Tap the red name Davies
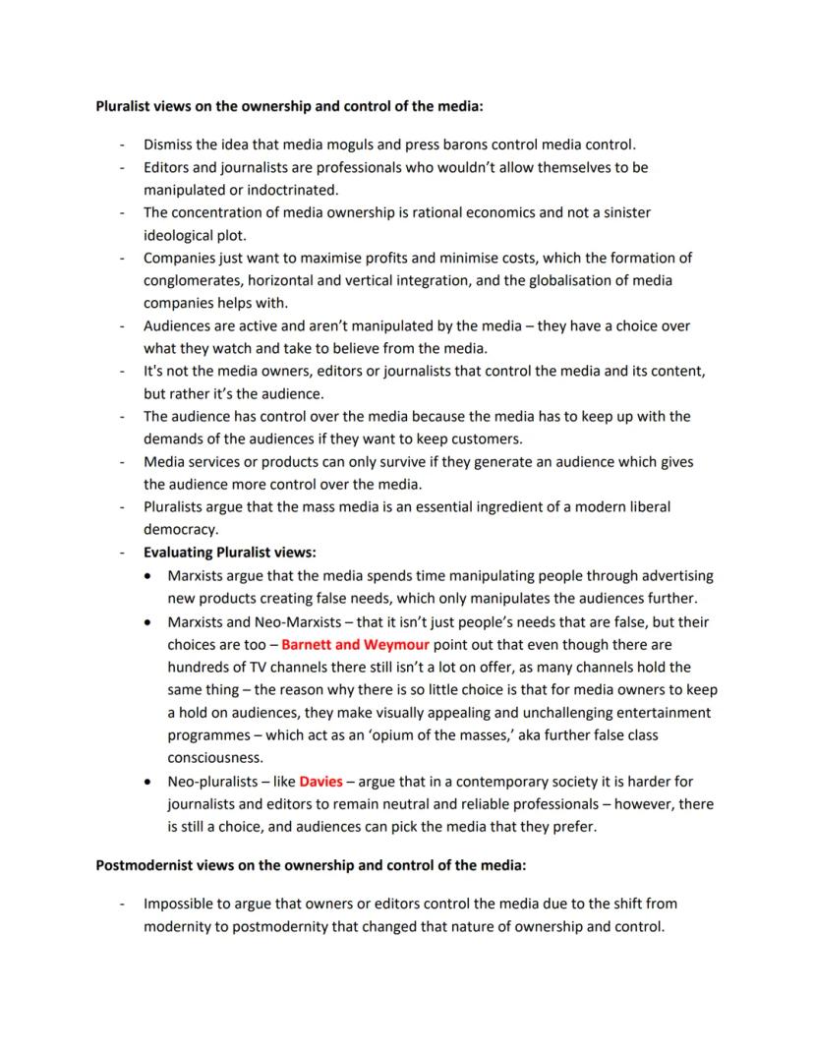320,782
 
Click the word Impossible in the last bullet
180,903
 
